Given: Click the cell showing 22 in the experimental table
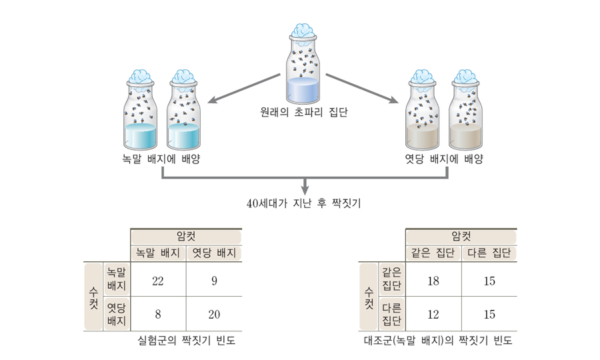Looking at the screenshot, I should pos(158,281).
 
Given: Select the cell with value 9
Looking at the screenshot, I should pos(214,281).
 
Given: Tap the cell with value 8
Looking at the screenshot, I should pos(158,314).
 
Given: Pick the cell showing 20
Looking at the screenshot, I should pos(214,314).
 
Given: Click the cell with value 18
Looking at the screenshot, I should pos(433,281).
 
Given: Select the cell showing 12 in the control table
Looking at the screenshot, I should pos(433,314).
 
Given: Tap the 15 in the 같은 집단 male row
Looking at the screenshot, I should pos(489,281).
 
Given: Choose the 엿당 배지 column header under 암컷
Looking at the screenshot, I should pos(214,253).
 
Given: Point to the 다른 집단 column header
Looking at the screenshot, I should pos(489,253).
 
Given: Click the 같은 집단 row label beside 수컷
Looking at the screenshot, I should pos(391,279).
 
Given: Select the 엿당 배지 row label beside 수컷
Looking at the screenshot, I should pos(116,314).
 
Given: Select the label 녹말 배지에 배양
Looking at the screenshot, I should pos(161,159).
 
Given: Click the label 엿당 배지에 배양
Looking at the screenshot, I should pos(444,159).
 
